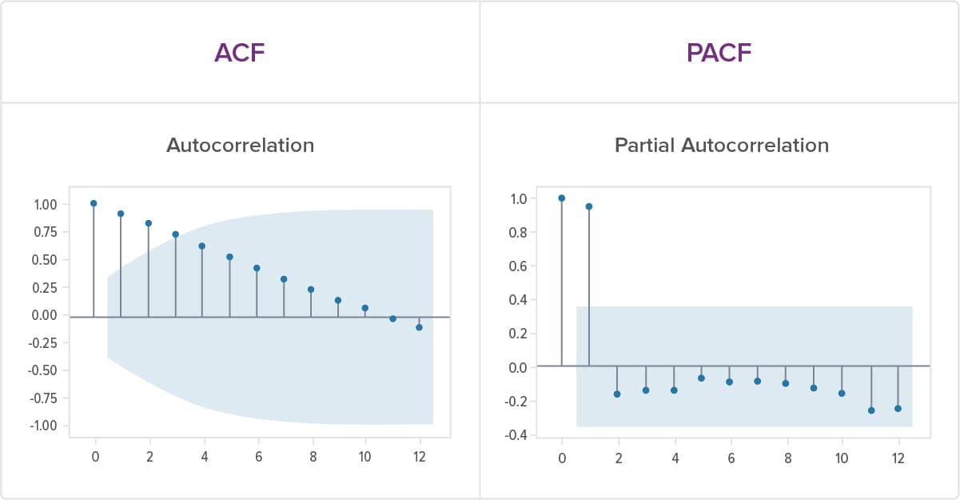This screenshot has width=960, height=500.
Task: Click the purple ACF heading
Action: tap(239, 52)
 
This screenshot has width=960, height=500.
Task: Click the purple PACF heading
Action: tap(719, 52)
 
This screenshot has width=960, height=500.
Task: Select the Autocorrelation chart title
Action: tap(240, 146)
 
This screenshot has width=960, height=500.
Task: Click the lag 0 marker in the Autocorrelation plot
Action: tap(94, 203)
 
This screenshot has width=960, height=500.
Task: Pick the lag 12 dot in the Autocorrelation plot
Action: tap(419, 327)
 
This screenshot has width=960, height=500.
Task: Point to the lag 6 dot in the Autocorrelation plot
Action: tap(257, 268)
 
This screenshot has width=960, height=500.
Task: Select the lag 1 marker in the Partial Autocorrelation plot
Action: tap(589, 206)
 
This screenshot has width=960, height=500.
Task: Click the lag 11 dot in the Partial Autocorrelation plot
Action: tap(871, 410)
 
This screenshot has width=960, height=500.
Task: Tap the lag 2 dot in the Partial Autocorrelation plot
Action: tap(617, 394)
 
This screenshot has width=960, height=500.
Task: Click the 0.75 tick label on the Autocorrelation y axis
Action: tap(44, 232)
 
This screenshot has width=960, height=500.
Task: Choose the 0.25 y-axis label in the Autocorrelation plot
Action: tap(44, 287)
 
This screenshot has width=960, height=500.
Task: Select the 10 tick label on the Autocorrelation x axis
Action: tap(364, 458)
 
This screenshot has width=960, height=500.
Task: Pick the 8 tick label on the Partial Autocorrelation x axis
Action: tap(787, 458)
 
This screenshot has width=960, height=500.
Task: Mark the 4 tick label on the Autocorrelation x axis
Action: tap(204, 458)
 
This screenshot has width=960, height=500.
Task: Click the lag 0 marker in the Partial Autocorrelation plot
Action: tap(561, 198)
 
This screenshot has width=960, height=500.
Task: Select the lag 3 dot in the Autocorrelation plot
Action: tap(175, 234)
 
